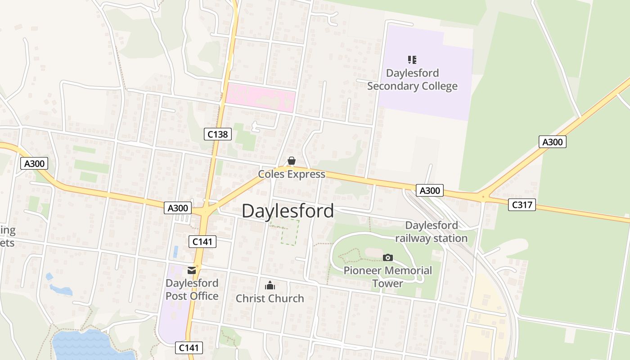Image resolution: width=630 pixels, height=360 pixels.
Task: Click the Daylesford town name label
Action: coord(288,211)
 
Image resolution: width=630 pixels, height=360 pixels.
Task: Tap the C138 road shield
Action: coord(218,134)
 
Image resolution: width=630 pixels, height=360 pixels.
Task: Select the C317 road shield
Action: coord(522,205)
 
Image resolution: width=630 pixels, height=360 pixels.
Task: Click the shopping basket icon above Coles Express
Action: coord(292,161)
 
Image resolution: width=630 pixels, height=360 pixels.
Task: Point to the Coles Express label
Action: coord(292,174)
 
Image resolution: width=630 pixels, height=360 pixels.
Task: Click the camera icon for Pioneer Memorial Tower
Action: coord(387,257)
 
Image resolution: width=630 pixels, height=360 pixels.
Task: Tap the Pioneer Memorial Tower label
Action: coord(387,277)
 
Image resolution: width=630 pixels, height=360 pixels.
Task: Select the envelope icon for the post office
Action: coord(192,270)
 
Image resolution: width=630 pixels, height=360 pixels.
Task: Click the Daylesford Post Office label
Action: coord(192,289)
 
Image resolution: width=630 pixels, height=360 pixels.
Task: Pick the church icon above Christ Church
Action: coord(270,285)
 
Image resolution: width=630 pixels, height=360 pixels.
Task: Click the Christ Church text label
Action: coord(270,298)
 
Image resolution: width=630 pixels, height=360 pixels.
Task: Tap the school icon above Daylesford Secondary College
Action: coord(412,59)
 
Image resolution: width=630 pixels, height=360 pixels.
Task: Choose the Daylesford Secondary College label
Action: coord(412,80)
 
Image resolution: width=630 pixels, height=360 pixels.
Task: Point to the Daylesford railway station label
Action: coord(432,232)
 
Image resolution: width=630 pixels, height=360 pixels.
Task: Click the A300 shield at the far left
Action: coord(34,163)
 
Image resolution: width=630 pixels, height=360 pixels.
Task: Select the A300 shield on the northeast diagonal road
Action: coord(552,142)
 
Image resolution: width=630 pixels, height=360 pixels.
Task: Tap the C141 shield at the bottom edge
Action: coord(189,347)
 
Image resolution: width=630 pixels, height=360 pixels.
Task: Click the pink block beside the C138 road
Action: coord(260,97)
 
